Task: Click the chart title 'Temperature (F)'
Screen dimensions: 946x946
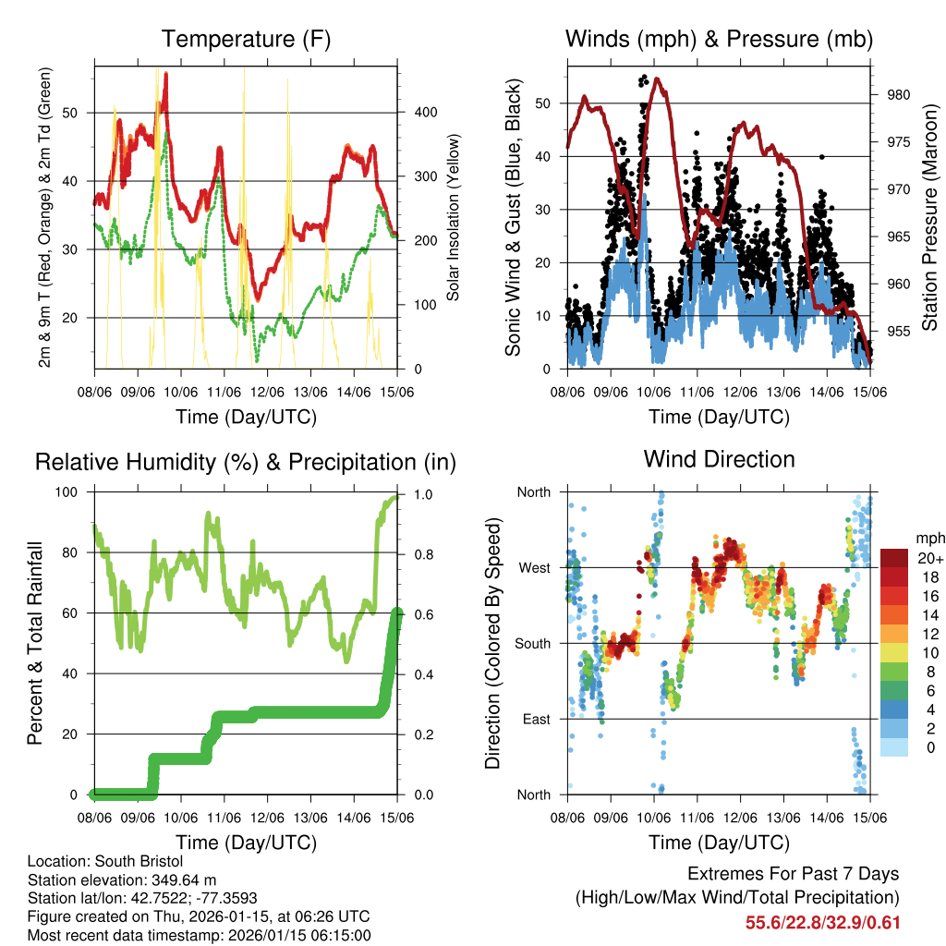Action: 246,39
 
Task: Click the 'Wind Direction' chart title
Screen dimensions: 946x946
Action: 719,459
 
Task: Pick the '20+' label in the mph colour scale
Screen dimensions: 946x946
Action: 928,557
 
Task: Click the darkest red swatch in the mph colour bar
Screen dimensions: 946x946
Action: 895,557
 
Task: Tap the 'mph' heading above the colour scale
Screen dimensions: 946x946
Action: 928,538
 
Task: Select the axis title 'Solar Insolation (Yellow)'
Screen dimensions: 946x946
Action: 454,217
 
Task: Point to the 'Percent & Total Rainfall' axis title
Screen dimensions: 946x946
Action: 34,644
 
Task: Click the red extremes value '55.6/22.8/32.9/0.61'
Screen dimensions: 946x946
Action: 822,922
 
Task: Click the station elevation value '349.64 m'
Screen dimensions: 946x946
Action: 176,879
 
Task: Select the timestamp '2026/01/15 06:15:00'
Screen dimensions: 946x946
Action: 295,935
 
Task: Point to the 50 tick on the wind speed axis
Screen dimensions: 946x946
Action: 549,103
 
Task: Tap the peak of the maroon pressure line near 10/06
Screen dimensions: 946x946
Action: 657,79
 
